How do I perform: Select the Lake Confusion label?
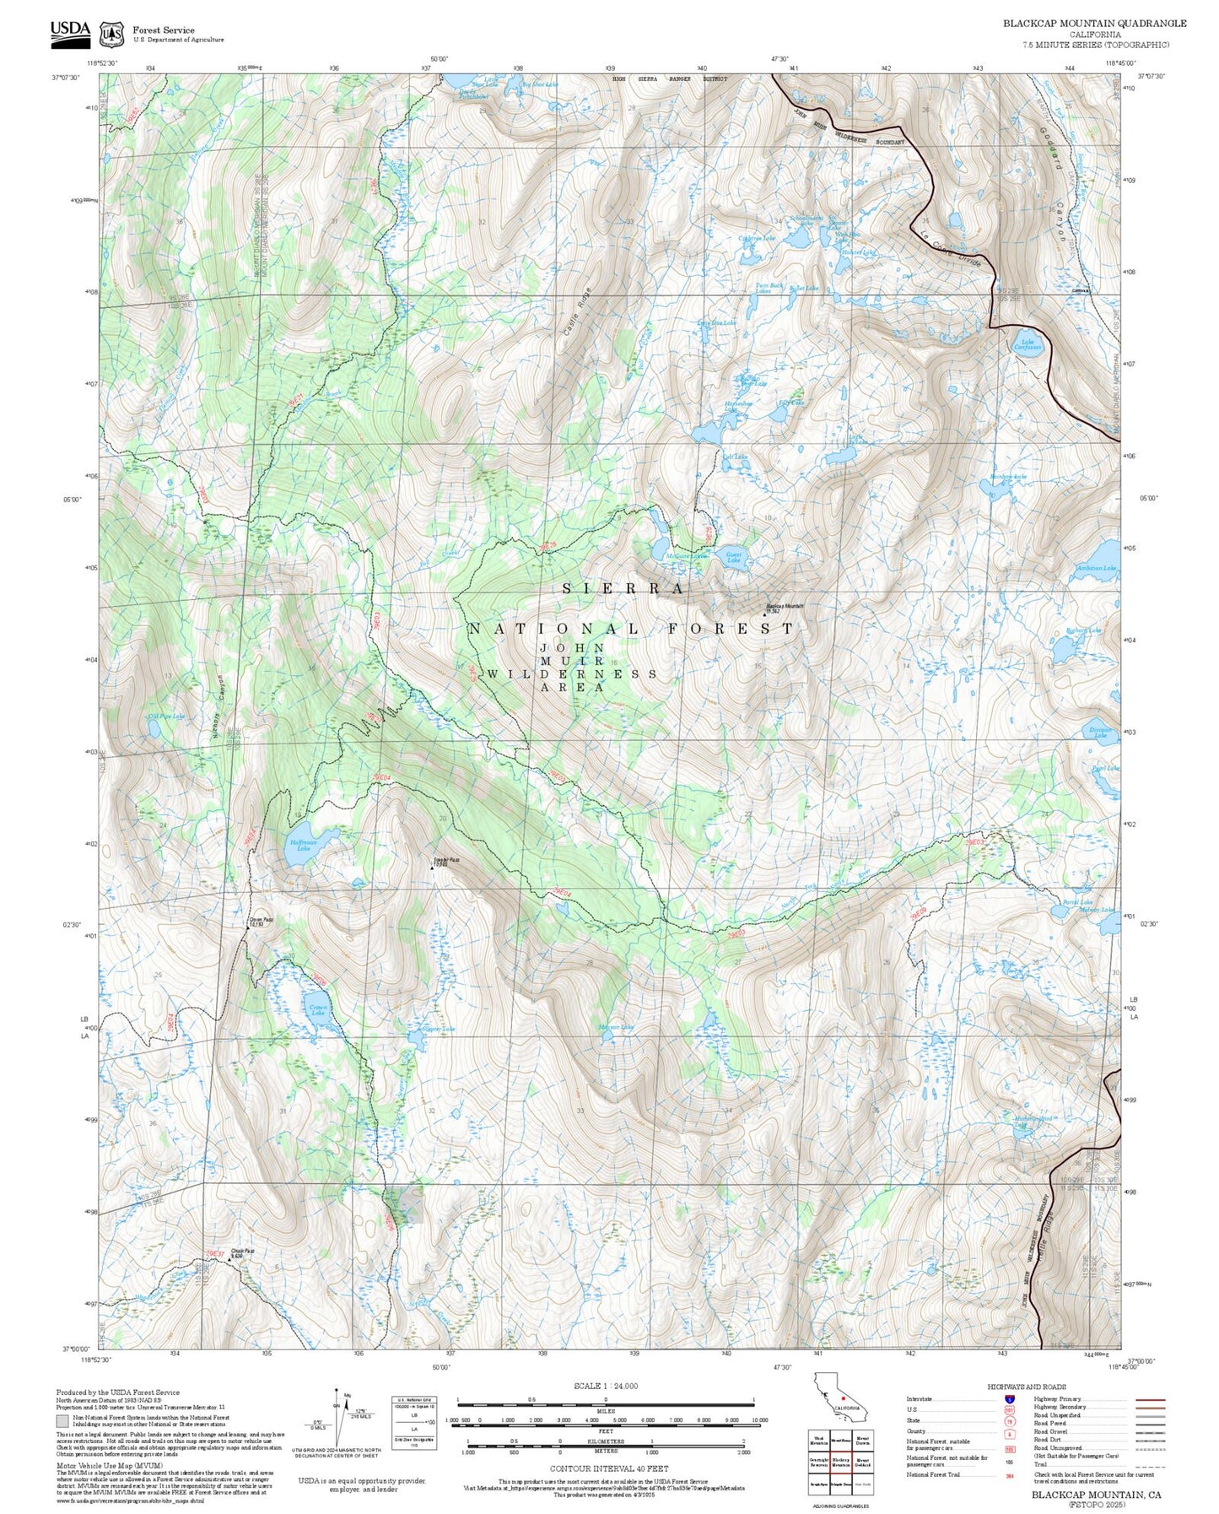pos(1028,345)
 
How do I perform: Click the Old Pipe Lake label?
pos(165,716)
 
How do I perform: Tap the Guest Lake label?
pos(734,557)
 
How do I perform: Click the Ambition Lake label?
pos(1096,568)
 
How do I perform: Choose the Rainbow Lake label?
pos(1008,478)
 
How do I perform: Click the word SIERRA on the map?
pos(623,588)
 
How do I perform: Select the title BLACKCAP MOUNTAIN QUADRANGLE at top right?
pos(1094,24)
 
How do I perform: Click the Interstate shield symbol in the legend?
pos(1009,1398)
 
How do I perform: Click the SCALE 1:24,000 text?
pos(605,1386)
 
